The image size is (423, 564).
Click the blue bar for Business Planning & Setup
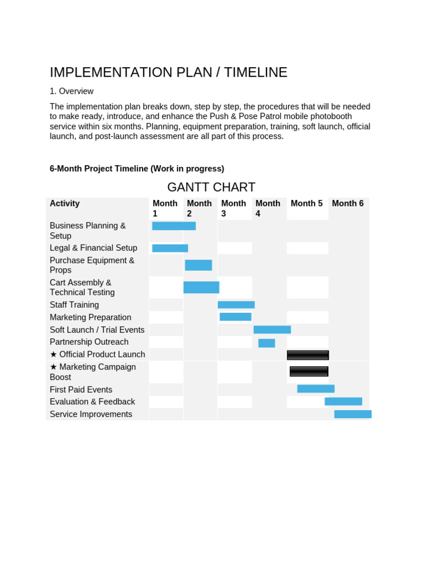[x=173, y=226]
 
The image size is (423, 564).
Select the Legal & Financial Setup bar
[x=170, y=248]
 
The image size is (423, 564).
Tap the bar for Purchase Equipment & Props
[x=198, y=265]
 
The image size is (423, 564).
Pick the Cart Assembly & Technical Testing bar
[x=201, y=288]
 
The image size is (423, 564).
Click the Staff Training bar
[x=236, y=305]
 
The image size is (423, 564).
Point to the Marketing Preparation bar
[x=235, y=317]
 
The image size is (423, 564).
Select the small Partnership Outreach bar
[x=267, y=343]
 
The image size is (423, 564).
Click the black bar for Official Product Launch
[x=308, y=355]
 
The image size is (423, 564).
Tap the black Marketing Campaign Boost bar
[x=309, y=371]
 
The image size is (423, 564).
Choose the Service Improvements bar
[x=352, y=414]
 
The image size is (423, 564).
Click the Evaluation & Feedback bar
[x=343, y=402]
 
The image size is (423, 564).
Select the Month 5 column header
[x=307, y=203]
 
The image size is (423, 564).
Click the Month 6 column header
[x=348, y=203]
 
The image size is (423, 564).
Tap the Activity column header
[x=64, y=203]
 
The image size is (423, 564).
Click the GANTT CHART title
[x=211, y=187]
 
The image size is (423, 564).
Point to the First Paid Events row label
[x=81, y=389]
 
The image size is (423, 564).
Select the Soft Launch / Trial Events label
[x=97, y=330]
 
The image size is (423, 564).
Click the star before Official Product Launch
[x=53, y=355]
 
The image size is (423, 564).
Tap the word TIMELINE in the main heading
[x=256, y=72]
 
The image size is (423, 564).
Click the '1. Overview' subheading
[x=72, y=91]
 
